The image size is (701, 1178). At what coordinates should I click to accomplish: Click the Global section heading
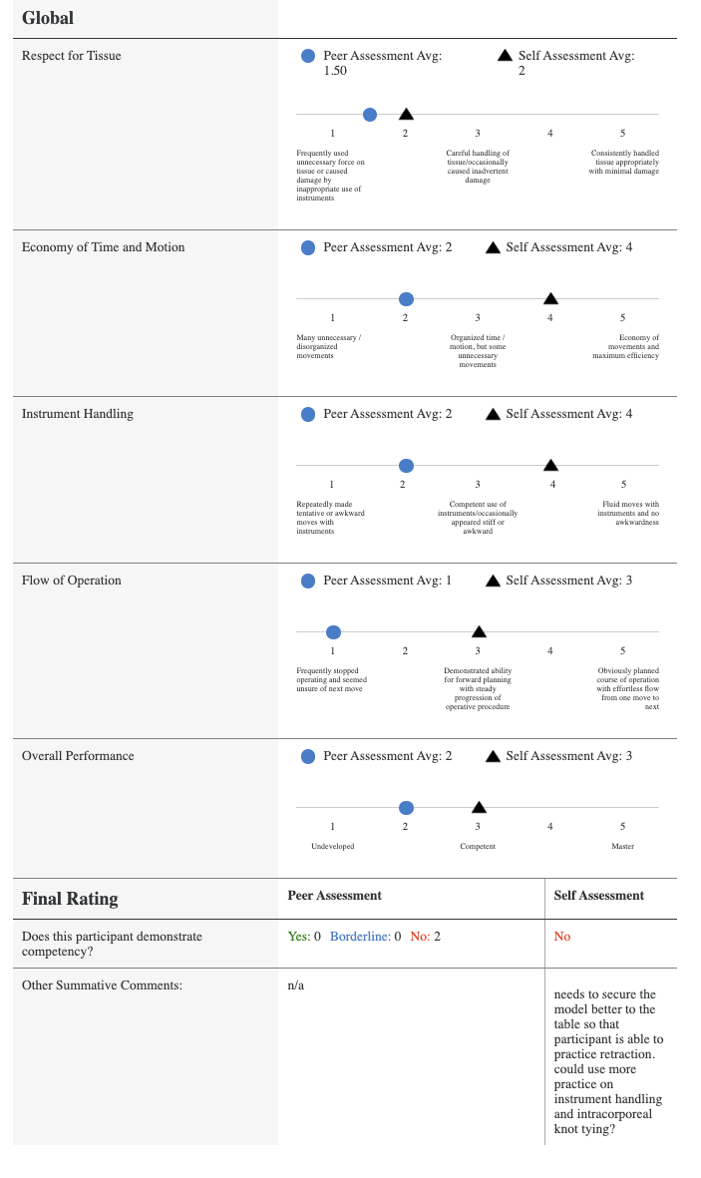click(48, 18)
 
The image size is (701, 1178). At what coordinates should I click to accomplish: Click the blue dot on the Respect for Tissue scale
click(370, 115)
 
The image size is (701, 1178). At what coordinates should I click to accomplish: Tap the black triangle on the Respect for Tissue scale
click(406, 115)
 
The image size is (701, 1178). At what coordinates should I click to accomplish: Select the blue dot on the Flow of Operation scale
click(334, 631)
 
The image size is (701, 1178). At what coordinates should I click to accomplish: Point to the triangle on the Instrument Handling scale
click(550, 465)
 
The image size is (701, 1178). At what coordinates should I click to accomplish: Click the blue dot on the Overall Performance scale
click(406, 807)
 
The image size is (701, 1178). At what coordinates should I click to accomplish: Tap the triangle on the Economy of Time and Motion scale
click(550, 298)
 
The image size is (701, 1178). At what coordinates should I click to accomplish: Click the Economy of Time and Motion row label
click(104, 247)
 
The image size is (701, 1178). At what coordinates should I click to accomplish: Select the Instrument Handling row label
click(78, 414)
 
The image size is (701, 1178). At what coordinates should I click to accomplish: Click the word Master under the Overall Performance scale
click(622, 846)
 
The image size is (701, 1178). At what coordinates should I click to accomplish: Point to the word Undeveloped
click(333, 846)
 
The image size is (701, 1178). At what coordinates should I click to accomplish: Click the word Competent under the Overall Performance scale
click(478, 846)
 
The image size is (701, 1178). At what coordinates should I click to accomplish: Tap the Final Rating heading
click(70, 899)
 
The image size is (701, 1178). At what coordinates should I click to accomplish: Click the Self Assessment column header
click(598, 896)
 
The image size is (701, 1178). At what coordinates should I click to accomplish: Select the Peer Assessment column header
click(334, 896)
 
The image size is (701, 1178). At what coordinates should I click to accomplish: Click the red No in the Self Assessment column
click(562, 937)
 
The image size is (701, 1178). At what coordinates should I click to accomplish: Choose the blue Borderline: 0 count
click(365, 937)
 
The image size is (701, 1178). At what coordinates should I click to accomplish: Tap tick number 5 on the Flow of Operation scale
click(622, 651)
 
